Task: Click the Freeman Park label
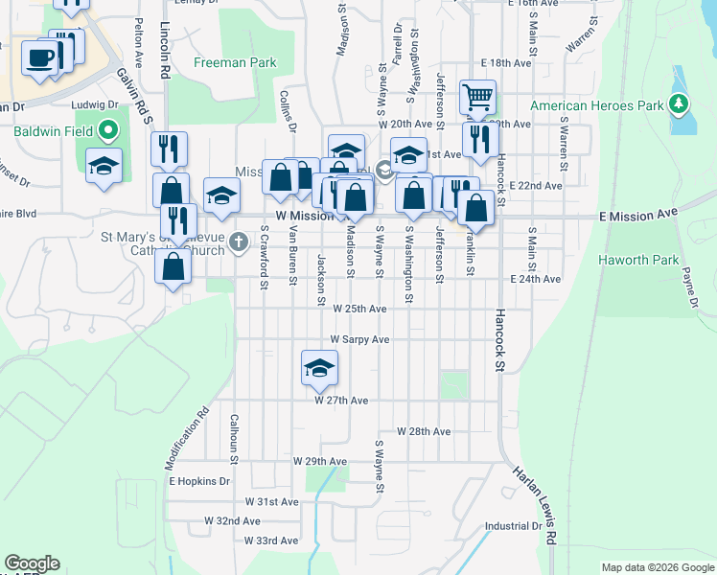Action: (235, 63)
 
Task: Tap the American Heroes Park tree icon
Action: (679, 103)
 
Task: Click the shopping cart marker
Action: (476, 96)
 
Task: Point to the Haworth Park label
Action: (638, 260)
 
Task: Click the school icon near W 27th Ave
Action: (320, 367)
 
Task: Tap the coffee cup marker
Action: (40, 57)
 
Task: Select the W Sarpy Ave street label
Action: (359, 339)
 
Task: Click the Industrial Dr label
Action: (513, 526)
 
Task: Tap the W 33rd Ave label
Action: (271, 540)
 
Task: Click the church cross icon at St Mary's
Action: (241, 241)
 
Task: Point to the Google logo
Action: (32, 563)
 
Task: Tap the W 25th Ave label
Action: (359, 309)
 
